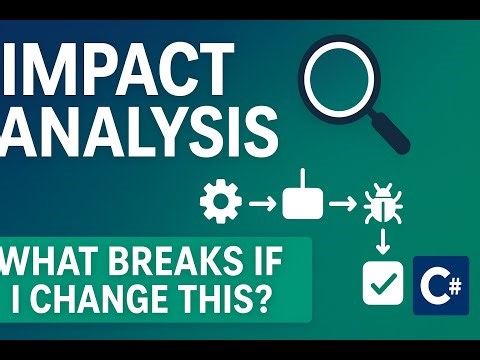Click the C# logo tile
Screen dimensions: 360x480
click(440, 283)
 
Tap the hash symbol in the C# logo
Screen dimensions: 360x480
click(453, 275)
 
